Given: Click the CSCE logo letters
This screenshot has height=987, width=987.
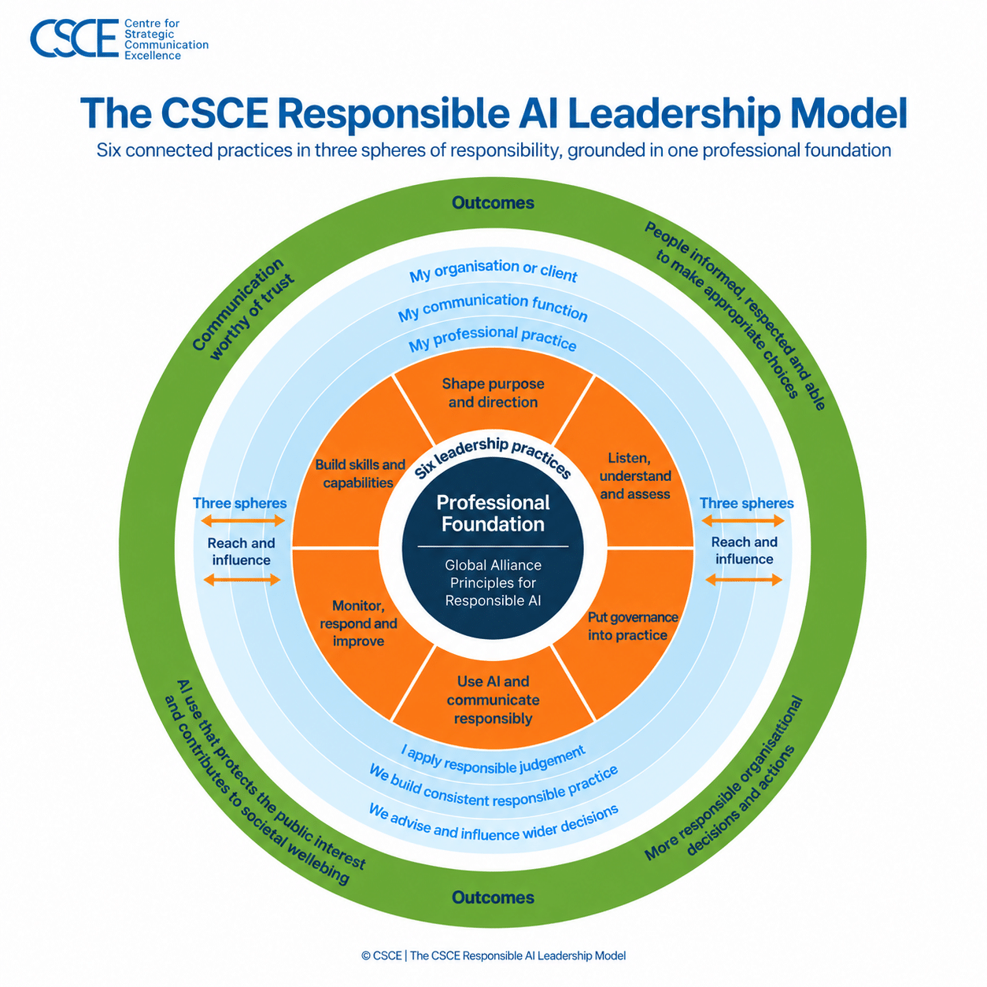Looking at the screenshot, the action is pyautogui.click(x=74, y=38).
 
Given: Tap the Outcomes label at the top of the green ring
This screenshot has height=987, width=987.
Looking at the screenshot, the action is pyautogui.click(x=493, y=203).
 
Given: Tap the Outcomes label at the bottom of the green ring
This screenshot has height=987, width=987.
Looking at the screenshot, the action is pyautogui.click(x=493, y=897).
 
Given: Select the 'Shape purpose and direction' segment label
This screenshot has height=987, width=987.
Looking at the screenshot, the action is pyautogui.click(x=493, y=393).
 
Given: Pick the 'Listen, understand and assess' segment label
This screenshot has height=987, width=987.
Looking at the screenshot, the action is pyautogui.click(x=635, y=476).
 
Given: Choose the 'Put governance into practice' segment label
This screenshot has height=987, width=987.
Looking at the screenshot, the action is pyautogui.click(x=633, y=626).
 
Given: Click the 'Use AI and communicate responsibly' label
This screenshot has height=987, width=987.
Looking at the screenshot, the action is pyautogui.click(x=493, y=700).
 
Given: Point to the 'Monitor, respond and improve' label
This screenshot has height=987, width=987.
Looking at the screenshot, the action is pyautogui.click(x=359, y=623).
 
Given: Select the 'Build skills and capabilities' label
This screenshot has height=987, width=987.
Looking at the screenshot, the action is pyautogui.click(x=360, y=474).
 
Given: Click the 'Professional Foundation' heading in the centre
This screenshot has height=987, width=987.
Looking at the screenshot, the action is pyautogui.click(x=493, y=513).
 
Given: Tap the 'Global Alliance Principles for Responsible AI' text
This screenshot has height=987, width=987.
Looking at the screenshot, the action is pyautogui.click(x=493, y=583).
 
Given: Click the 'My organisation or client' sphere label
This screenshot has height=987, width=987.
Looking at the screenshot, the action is pyautogui.click(x=494, y=270).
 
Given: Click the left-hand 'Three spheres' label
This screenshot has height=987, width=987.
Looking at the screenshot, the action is pyautogui.click(x=240, y=503).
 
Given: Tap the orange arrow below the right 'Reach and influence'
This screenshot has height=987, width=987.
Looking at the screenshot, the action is pyautogui.click(x=744, y=580).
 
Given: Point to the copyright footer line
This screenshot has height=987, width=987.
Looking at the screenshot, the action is pyautogui.click(x=494, y=956).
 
